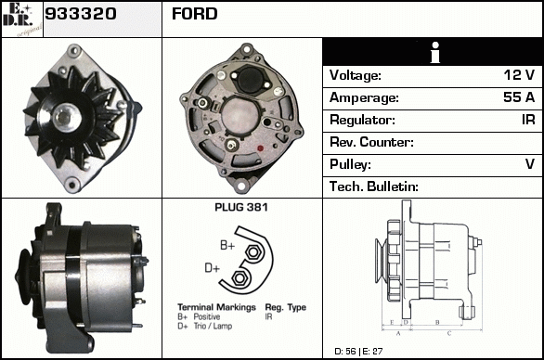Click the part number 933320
(x=81, y=14)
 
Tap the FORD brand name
(x=195, y=14)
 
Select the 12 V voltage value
(x=519, y=75)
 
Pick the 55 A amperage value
(x=519, y=97)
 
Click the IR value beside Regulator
(x=528, y=120)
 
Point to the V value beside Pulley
(x=530, y=163)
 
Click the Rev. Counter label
(x=371, y=142)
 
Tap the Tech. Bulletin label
(x=374, y=186)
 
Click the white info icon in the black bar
(x=435, y=53)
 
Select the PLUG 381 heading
(x=241, y=208)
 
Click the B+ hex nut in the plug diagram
(x=253, y=252)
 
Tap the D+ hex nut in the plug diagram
(x=239, y=277)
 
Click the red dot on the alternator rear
(x=260, y=148)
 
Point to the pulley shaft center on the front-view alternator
(x=65, y=117)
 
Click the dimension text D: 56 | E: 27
(x=358, y=352)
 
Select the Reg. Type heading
(x=286, y=307)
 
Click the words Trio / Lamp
(x=213, y=326)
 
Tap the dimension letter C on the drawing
(x=449, y=334)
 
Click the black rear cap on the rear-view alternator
(x=251, y=81)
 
